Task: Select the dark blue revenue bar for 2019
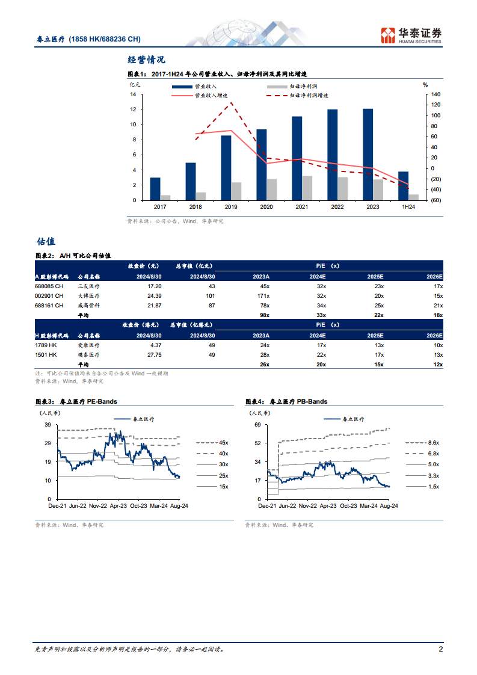pos(226,168)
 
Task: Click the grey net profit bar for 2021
pos(307,188)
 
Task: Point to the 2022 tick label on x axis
pos(337,207)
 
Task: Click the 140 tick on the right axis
pos(436,94)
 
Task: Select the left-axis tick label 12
pos(132,109)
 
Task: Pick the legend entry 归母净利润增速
pos(309,96)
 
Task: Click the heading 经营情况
pos(146,60)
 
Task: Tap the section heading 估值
pos(46,241)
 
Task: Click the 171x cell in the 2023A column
pos(262,296)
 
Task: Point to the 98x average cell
pos(263,315)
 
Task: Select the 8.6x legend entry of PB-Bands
pos(433,442)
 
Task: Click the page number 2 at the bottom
pos(441,649)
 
